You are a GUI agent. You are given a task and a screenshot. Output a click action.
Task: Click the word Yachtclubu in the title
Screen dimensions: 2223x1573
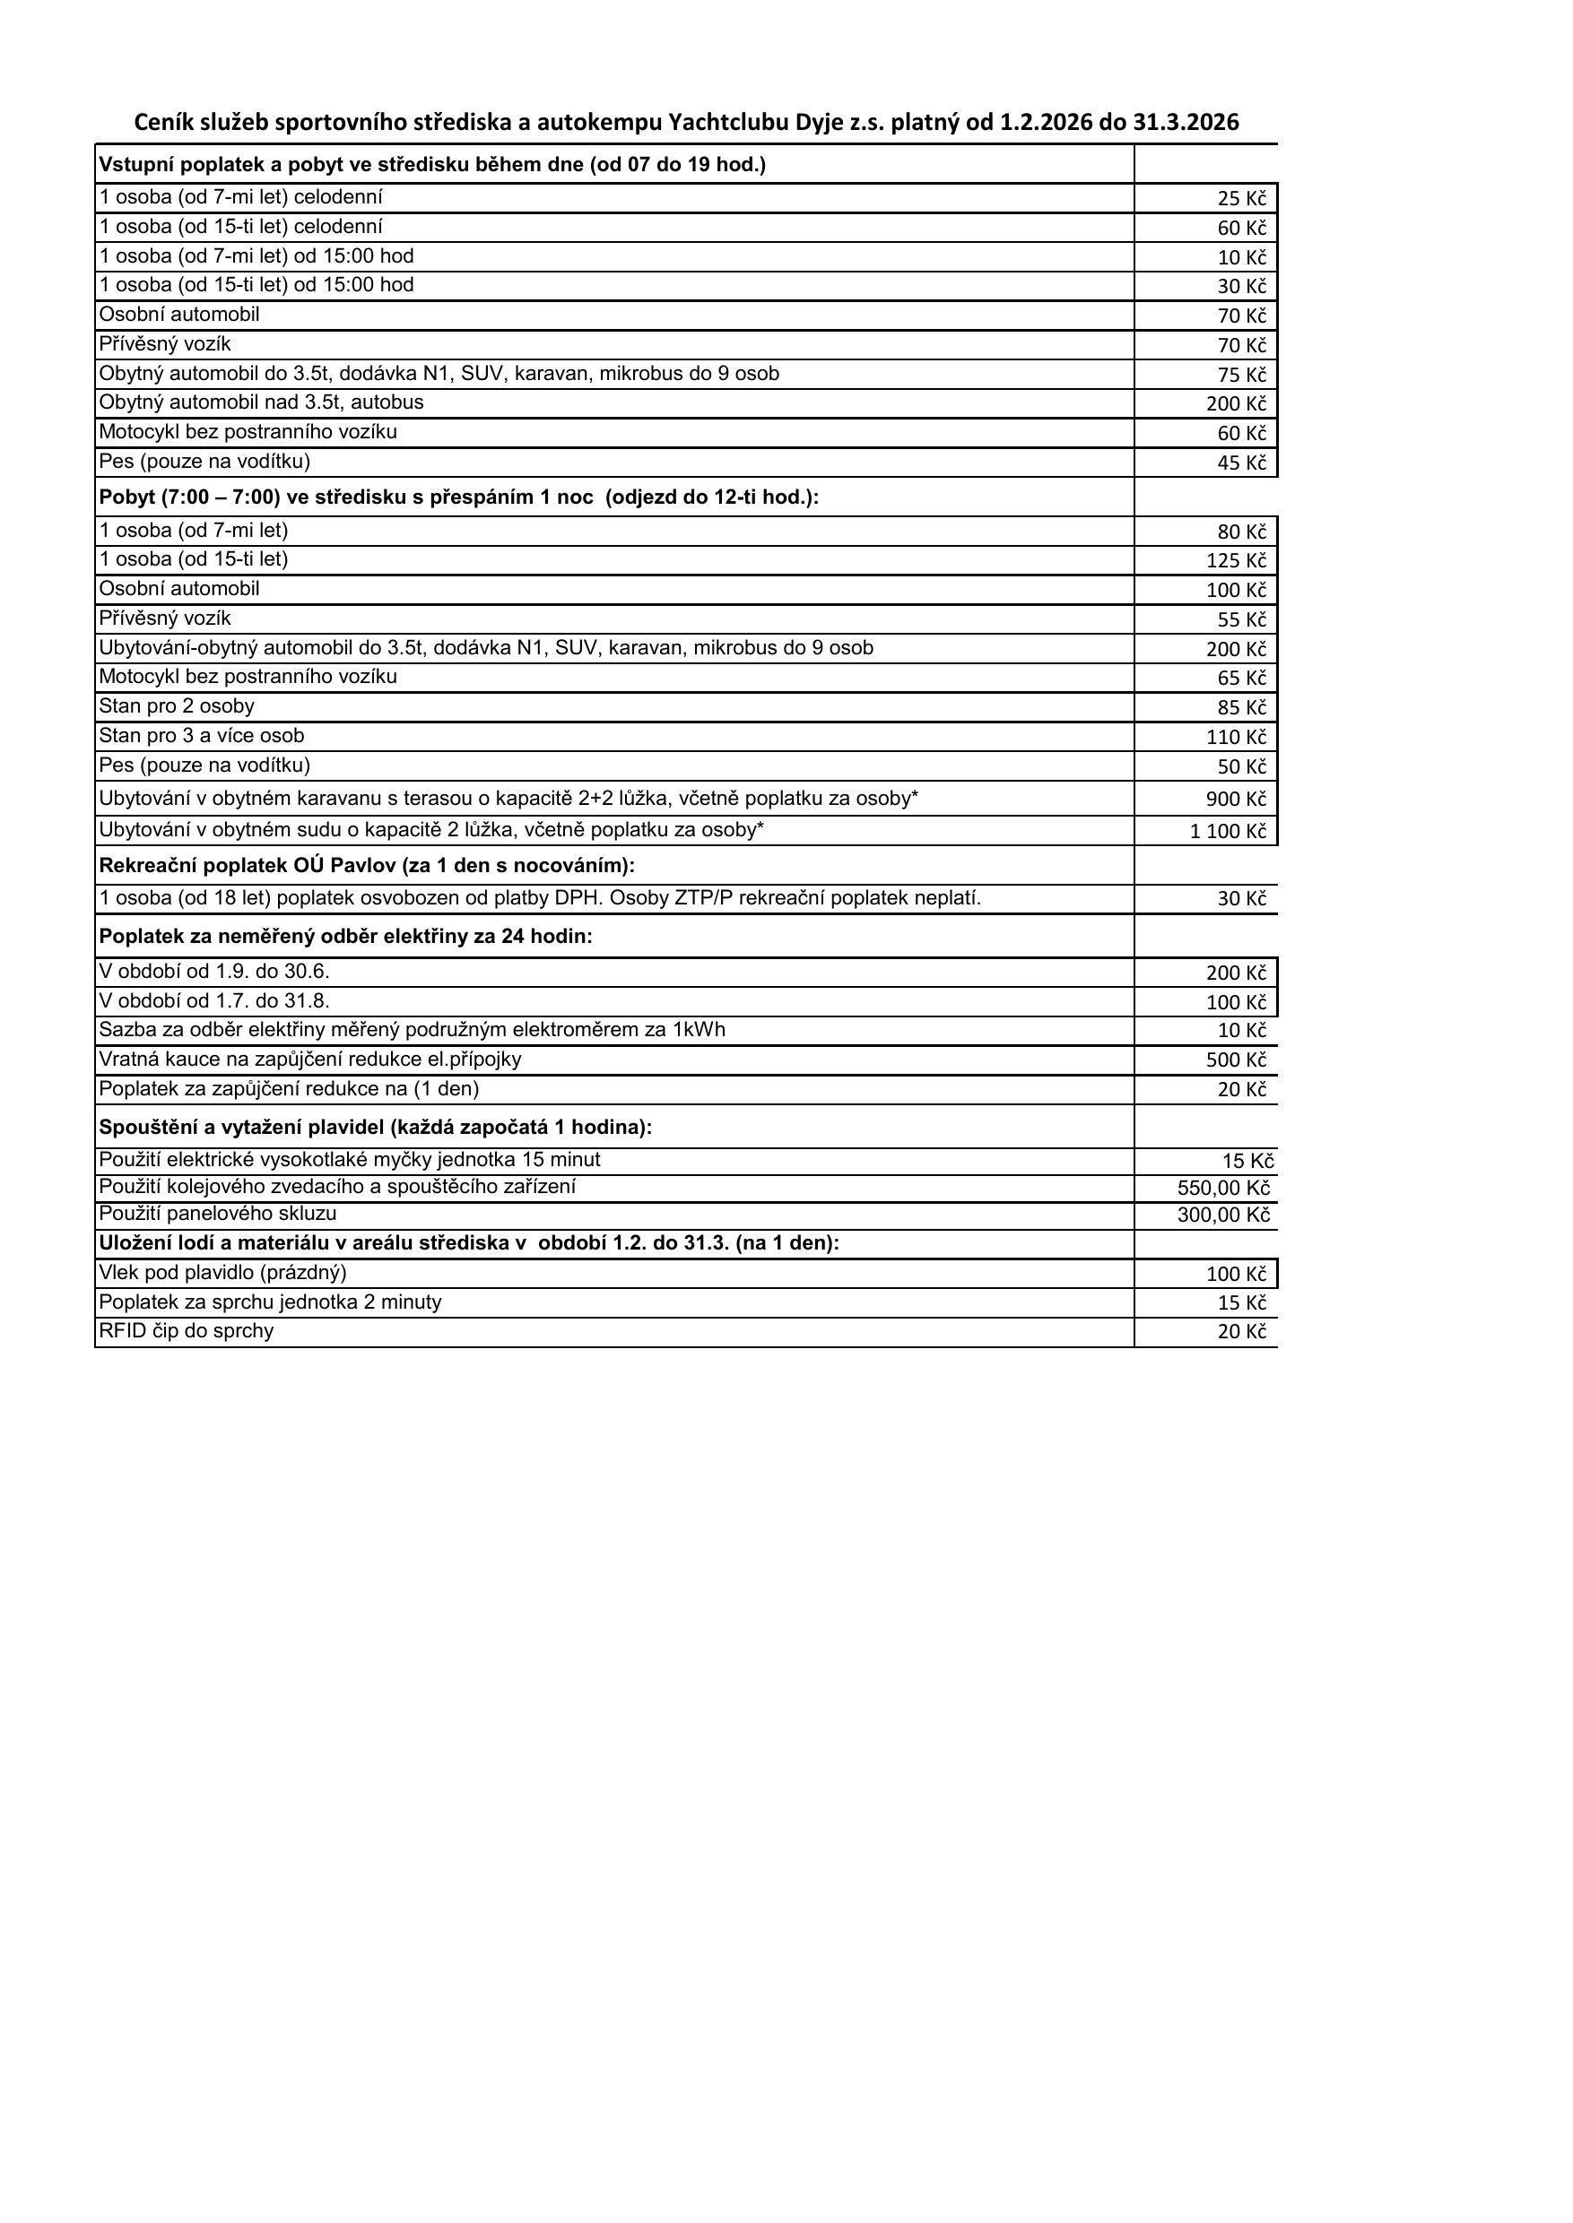click(x=729, y=122)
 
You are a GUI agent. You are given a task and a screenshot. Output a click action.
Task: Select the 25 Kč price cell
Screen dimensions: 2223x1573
click(x=1241, y=198)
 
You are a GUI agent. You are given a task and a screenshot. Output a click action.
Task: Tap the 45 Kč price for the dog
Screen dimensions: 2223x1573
click(x=1241, y=463)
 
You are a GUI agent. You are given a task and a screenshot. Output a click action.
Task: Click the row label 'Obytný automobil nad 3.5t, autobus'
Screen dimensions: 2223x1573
click(x=262, y=402)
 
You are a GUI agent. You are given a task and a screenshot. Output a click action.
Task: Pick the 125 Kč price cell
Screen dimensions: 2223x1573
click(x=1235, y=560)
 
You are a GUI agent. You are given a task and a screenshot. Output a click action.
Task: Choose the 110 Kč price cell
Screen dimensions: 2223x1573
click(x=1235, y=737)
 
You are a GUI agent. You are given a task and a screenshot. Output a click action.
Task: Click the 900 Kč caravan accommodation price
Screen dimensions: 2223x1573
click(x=1235, y=799)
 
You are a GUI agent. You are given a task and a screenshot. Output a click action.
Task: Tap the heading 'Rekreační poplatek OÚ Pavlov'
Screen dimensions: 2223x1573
click(x=367, y=865)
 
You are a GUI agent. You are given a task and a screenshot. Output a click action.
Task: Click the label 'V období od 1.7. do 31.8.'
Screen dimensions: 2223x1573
click(x=214, y=1000)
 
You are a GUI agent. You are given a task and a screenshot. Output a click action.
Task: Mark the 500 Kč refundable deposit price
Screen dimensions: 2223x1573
click(x=1235, y=1060)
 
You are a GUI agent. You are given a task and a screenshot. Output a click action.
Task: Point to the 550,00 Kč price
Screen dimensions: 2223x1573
click(x=1222, y=1188)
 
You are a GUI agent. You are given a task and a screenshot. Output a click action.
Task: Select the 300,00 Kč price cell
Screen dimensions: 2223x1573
click(x=1222, y=1215)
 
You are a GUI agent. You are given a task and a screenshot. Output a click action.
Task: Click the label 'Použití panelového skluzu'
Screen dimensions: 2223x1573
click(x=218, y=1213)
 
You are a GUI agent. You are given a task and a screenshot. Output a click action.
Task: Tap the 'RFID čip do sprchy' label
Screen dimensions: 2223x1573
click(x=186, y=1331)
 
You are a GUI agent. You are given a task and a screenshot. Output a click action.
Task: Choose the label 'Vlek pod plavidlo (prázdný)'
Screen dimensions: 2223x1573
click(x=222, y=1272)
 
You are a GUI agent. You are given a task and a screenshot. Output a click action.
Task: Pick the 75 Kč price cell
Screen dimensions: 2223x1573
click(x=1241, y=375)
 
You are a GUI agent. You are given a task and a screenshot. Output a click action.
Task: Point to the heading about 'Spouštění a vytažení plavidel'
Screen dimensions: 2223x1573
click(x=376, y=1127)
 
